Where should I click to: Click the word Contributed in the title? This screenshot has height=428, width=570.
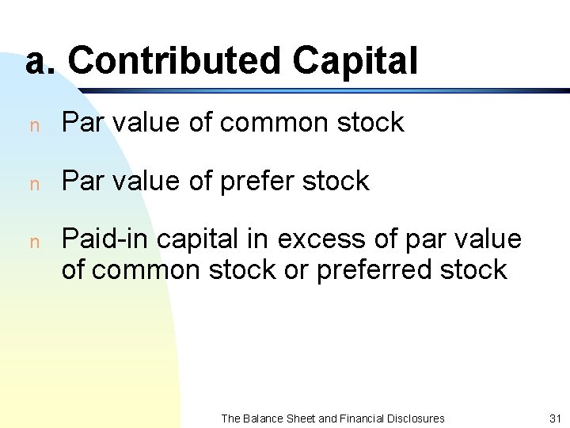click(x=174, y=61)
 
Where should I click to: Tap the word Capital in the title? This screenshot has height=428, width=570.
click(x=354, y=61)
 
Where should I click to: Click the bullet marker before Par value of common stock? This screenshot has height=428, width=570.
click(x=33, y=124)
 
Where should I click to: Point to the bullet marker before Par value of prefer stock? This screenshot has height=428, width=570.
click(x=33, y=183)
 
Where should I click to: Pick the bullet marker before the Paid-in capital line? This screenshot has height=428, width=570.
click(x=33, y=241)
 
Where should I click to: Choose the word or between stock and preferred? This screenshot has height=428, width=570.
click(x=296, y=269)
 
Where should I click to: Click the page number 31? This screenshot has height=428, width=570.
click(x=553, y=418)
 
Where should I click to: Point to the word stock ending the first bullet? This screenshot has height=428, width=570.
click(x=370, y=123)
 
